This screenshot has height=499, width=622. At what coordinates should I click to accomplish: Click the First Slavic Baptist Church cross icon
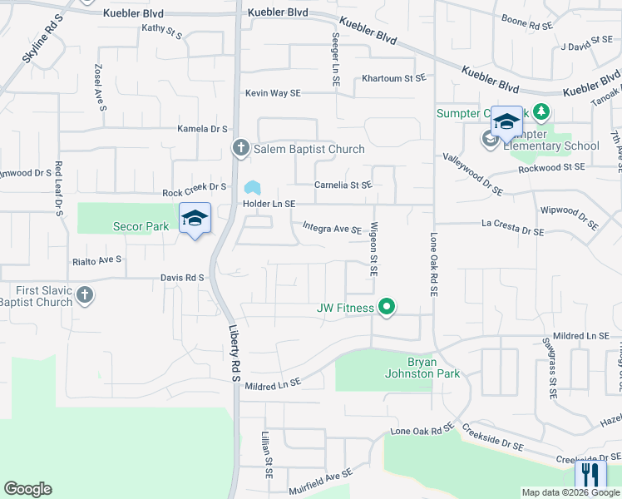point(84,295)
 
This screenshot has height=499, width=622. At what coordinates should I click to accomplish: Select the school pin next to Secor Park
point(195,220)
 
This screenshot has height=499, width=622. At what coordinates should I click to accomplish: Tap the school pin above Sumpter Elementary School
point(506,123)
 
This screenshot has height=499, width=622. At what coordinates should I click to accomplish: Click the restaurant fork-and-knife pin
point(590,477)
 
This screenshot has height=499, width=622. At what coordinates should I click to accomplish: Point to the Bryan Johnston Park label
point(432,368)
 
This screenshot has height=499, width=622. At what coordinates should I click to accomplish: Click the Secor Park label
point(141,226)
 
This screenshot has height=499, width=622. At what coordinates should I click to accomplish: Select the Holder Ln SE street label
point(269,204)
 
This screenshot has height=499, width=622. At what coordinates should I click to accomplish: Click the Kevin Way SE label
point(272,93)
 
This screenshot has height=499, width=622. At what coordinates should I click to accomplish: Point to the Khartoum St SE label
point(393,78)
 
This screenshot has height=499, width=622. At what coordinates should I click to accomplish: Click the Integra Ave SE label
point(332,227)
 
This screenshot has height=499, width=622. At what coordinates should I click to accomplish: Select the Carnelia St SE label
point(343,185)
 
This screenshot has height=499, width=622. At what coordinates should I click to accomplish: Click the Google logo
point(27,489)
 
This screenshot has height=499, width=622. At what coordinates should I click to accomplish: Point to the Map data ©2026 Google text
point(570,492)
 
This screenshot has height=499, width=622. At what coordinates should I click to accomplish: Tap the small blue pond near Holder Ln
point(252,186)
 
